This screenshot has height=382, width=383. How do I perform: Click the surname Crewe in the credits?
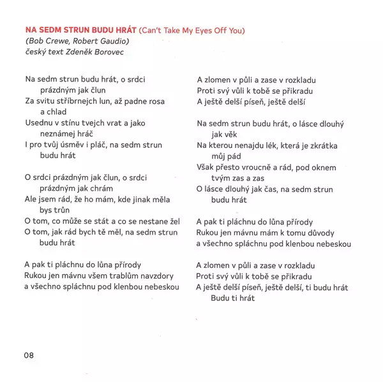[x=60, y=41]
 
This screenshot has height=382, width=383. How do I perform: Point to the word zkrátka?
[x=320, y=145]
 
